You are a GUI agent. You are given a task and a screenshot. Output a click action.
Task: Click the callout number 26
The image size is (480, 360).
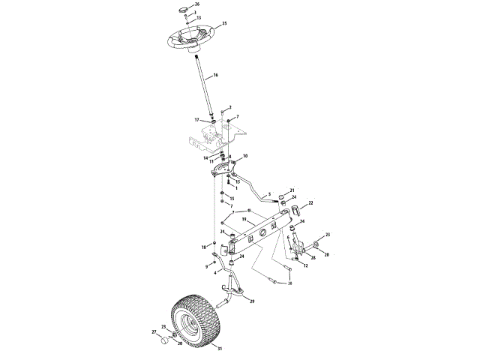tap(197, 4)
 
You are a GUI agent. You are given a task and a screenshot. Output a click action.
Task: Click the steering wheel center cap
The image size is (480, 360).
tap(183, 8)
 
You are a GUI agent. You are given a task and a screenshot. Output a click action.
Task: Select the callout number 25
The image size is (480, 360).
tap(223, 24)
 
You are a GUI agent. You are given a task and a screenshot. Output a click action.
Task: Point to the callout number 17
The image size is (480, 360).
tap(197, 120)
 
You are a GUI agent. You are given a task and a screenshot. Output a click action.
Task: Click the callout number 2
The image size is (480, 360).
tap(230, 107)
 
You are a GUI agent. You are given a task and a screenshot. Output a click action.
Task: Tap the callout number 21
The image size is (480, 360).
tap(292, 190)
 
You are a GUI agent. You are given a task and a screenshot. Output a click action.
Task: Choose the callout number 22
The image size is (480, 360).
tap(310, 202)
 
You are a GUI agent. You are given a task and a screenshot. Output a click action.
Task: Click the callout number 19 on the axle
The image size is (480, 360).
tap(244, 219)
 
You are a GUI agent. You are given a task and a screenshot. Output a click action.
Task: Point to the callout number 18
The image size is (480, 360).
tap(202, 247)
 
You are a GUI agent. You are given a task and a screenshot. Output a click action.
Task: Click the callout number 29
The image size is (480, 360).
tap(251, 301)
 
